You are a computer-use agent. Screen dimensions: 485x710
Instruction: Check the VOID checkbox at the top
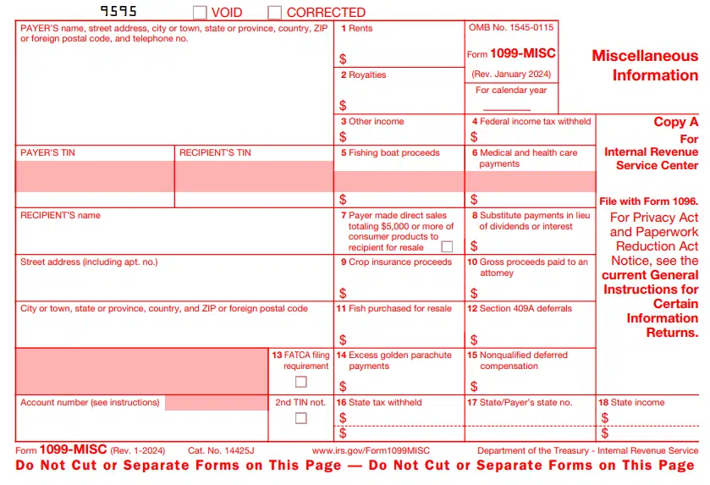click(200, 13)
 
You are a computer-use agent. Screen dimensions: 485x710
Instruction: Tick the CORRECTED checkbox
click(275, 13)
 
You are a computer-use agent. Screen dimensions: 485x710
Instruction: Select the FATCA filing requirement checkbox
click(300, 382)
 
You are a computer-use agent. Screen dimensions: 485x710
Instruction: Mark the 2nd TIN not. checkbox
click(300, 418)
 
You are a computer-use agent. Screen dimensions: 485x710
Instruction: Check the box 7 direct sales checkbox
click(447, 247)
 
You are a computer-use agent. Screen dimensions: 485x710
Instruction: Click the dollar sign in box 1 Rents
click(343, 59)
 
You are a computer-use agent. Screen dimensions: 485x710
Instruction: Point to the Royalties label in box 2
click(367, 75)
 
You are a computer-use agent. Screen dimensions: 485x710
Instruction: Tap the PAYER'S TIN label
click(47, 153)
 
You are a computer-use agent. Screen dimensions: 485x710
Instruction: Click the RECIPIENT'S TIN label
click(215, 153)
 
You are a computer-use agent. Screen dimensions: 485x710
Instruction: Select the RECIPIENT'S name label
click(60, 216)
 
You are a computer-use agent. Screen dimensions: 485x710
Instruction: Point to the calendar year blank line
click(506, 109)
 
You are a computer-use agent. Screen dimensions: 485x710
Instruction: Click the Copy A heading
click(675, 122)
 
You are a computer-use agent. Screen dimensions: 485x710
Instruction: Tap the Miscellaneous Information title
click(645, 66)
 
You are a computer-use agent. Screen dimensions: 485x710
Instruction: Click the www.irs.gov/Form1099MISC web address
click(371, 451)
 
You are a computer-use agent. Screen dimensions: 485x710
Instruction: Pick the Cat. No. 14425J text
click(221, 451)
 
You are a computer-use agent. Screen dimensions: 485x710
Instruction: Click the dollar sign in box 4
click(474, 137)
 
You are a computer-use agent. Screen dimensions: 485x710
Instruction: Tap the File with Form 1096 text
click(648, 201)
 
